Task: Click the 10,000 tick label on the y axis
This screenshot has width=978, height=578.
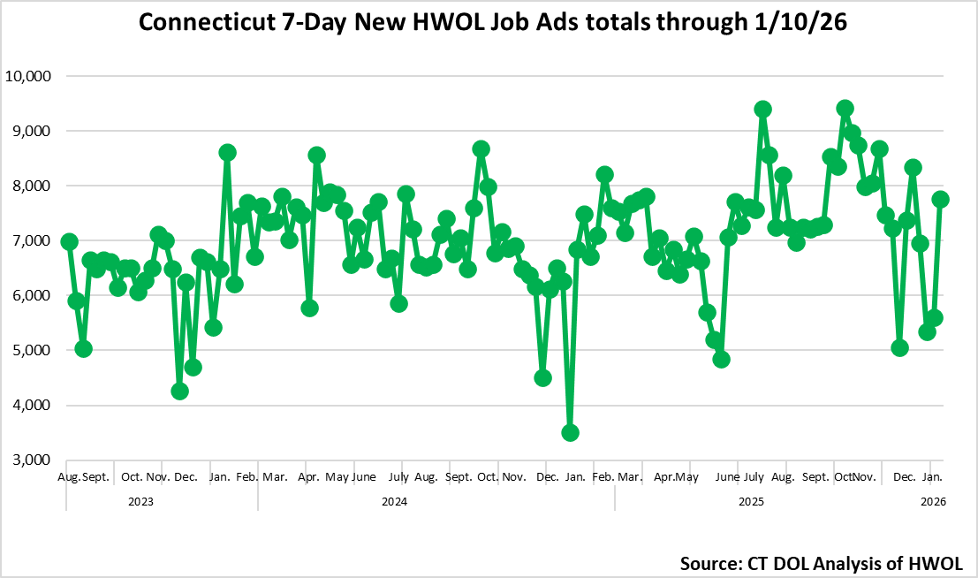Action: (30, 76)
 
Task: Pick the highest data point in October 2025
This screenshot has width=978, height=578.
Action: (845, 109)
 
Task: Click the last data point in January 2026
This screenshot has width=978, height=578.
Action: (941, 200)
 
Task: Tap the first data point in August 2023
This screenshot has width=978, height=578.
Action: (70, 242)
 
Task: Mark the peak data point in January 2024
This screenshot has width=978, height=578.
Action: (227, 152)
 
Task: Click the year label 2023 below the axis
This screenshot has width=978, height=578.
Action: (140, 501)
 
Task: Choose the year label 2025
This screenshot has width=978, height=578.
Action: (751, 501)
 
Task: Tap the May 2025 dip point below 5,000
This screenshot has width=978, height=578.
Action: (721, 359)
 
